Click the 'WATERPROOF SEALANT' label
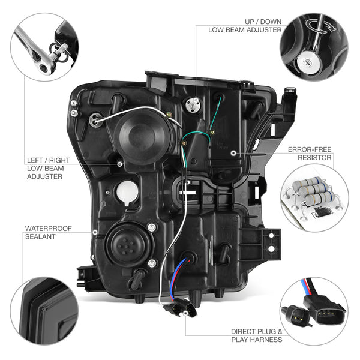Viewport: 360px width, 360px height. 49,232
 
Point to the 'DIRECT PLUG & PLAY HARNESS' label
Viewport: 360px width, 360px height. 256,335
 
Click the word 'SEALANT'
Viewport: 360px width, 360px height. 40,236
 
